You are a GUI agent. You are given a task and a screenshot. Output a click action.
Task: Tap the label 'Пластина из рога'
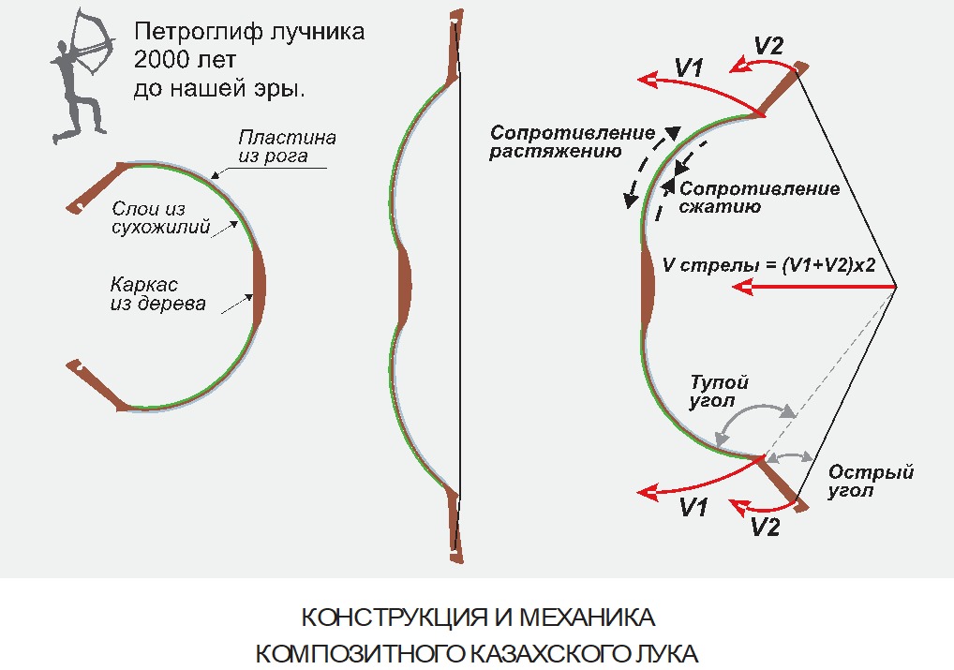coord(285,146)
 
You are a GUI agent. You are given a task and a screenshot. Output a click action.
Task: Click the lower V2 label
coord(766,528)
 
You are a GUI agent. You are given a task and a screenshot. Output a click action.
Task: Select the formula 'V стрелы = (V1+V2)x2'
coord(768,265)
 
